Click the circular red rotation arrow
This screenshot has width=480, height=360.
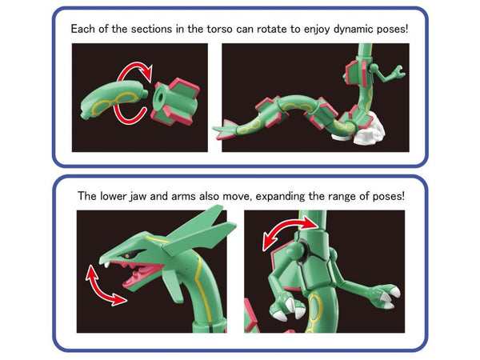[136, 94]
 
